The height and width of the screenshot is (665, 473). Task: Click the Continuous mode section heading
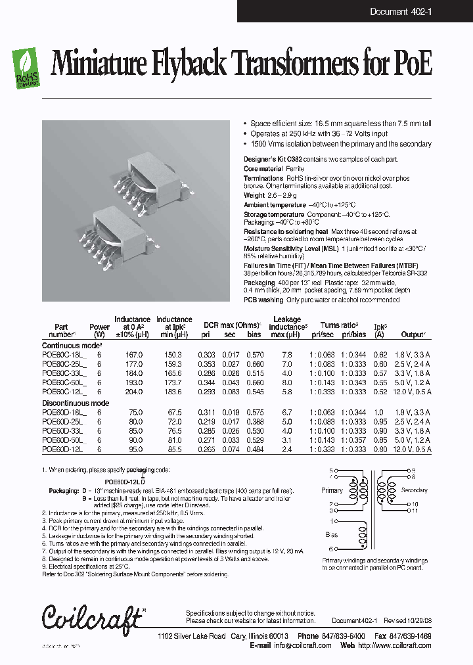(x=71, y=345)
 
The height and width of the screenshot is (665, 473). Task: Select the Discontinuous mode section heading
(x=75, y=403)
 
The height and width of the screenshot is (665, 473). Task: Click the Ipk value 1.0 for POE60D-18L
(x=380, y=412)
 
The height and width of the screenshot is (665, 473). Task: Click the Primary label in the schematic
(x=332, y=490)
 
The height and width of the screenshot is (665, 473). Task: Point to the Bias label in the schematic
(x=332, y=535)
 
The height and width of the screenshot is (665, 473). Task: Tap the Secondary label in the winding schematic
(x=414, y=490)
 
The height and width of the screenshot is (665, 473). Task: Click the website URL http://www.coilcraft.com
(x=394, y=645)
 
